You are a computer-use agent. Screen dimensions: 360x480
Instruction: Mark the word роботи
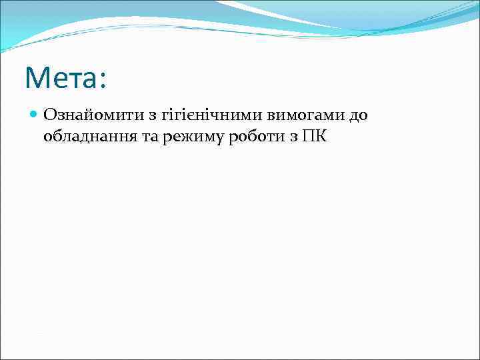click(246, 138)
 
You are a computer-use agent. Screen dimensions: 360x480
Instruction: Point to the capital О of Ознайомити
click(50, 116)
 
